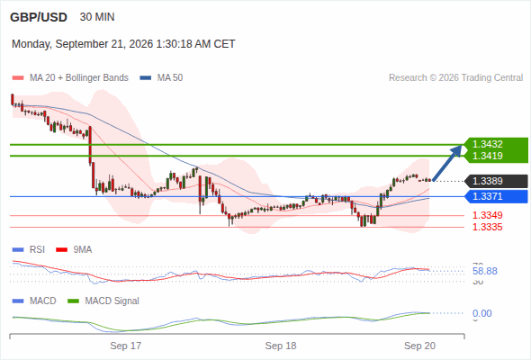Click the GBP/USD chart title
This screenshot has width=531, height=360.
tap(39, 17)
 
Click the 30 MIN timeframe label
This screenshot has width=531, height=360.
tap(97, 17)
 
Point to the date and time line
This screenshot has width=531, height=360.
tap(123, 44)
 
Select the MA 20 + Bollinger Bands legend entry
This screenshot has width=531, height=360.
tap(70, 78)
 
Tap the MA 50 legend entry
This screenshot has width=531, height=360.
tap(161, 78)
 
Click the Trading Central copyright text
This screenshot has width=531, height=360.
tap(455, 78)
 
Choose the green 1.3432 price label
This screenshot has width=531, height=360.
tap(487, 144)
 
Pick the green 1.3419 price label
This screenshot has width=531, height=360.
tap(487, 156)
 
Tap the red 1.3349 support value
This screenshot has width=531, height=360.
tap(487, 215)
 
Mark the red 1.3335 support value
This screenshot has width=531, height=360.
tap(487, 227)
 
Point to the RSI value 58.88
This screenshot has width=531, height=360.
tap(485, 271)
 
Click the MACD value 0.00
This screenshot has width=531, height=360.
tap(481, 313)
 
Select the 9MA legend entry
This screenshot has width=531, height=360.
tap(74, 250)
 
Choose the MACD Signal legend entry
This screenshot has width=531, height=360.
tap(103, 301)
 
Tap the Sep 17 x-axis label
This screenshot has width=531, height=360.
tap(126, 346)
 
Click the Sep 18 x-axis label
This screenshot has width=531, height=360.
tap(281, 346)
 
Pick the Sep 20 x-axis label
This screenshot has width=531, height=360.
tap(420, 346)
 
